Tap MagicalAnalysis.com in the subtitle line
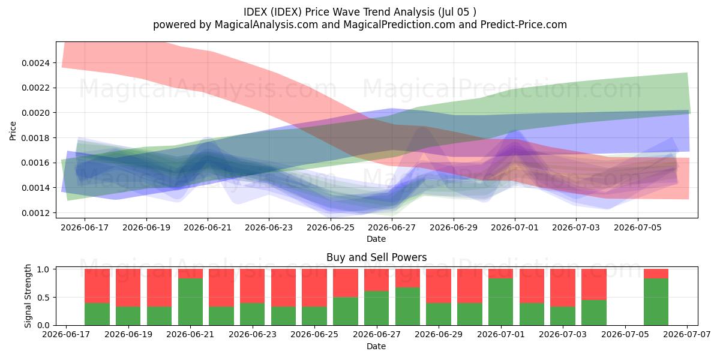pyautogui.click(x=266, y=25)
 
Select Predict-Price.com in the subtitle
pyautogui.click(x=524, y=25)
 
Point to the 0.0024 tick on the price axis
pyautogui.click(x=35, y=63)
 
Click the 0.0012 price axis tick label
pyautogui.click(x=35, y=213)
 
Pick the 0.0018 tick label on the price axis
pyautogui.click(x=35, y=138)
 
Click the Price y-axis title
pyautogui.click(x=13, y=131)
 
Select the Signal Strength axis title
pyautogui.click(x=28, y=296)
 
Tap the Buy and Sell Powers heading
pyautogui.click(x=376, y=257)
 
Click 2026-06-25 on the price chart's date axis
pyautogui.click(x=331, y=227)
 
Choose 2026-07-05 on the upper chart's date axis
pyautogui.click(x=638, y=227)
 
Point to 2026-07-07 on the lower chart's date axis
pyautogui.click(x=687, y=335)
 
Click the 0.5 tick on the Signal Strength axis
pyautogui.click(x=43, y=298)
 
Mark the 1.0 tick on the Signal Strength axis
pyautogui.click(x=43, y=269)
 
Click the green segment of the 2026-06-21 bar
pyautogui.click(x=191, y=302)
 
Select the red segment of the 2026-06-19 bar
pyautogui.click(x=128, y=287)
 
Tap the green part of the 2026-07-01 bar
pyautogui.click(x=501, y=302)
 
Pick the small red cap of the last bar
pyautogui.click(x=656, y=274)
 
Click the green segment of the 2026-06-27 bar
pyautogui.click(x=376, y=308)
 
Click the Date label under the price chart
pyautogui.click(x=376, y=239)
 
